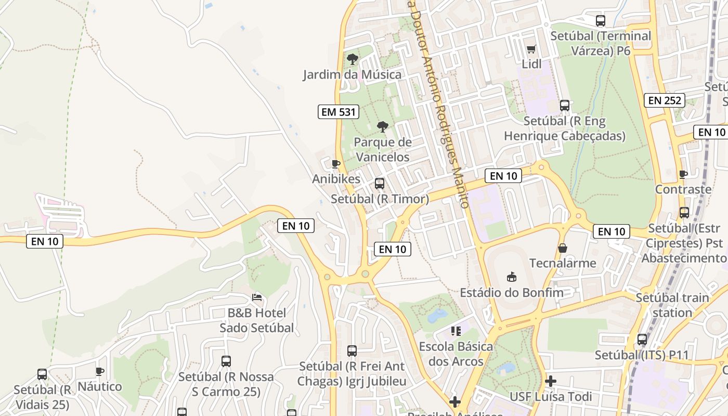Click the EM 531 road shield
[339, 111]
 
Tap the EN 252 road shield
[665, 100]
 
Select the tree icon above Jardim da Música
[353, 59]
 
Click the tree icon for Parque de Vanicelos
[382, 126]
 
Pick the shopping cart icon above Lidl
[531, 49]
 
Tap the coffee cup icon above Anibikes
[336, 164]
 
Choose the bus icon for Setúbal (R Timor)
[380, 183]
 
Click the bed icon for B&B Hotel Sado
[256, 297]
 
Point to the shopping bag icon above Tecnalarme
[562, 248]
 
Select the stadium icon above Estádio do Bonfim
[511, 277]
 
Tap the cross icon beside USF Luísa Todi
[550, 381]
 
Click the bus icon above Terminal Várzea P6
[601, 21]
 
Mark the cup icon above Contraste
[683, 174]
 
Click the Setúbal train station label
[672, 305]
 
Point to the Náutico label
[100, 386]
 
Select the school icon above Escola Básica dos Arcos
[456, 331]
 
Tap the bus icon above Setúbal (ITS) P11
[642, 340]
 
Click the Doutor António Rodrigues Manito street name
[440, 104]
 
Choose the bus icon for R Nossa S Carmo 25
[226, 361]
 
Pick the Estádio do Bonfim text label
[512, 292]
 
